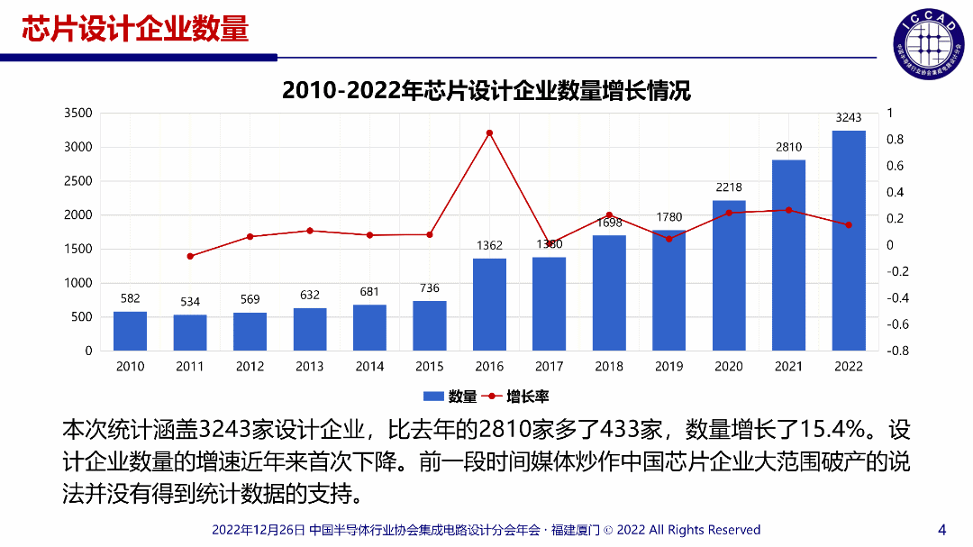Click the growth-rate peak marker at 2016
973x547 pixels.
tap(489, 133)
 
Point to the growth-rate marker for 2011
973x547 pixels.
tap(190, 256)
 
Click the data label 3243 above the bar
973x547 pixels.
tap(849, 117)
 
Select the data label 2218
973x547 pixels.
tap(729, 187)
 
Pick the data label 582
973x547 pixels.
tap(130, 298)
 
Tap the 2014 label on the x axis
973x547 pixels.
tap(369, 367)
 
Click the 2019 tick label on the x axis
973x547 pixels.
tap(668, 367)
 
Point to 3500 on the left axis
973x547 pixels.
tap(78, 114)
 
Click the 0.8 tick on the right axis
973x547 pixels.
tap(895, 140)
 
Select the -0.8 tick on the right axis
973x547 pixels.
tap(897, 351)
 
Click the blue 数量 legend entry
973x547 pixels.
tap(450, 397)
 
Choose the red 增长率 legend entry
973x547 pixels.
tap(516, 397)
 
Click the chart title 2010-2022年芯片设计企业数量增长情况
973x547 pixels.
tap(486, 91)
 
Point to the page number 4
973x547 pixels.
tap(942, 529)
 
